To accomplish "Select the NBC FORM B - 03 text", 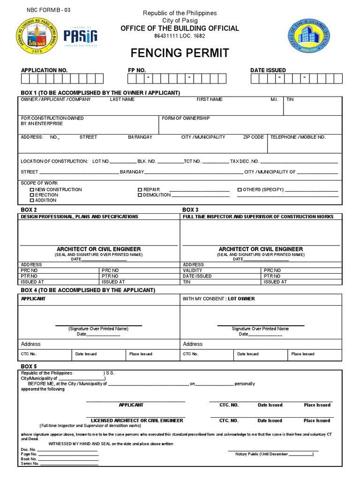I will point(46,10).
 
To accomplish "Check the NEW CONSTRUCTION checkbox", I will point(32,190).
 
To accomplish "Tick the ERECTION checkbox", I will point(32,195).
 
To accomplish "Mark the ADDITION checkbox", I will point(32,201).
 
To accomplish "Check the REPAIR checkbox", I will point(140,190).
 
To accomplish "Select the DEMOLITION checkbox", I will point(140,195).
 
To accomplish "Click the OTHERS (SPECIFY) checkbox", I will point(239,190).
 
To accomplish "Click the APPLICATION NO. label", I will point(44,70).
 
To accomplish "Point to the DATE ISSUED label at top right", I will point(268,70).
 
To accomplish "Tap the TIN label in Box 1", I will point(290,100).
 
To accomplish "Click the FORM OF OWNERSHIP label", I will point(186,119).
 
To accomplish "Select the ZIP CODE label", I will point(253,137).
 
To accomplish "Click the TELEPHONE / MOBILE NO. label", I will point(298,137).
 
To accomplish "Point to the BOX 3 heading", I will point(190,210).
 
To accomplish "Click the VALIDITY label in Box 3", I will point(193,270).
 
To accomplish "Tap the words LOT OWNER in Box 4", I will point(241,299).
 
